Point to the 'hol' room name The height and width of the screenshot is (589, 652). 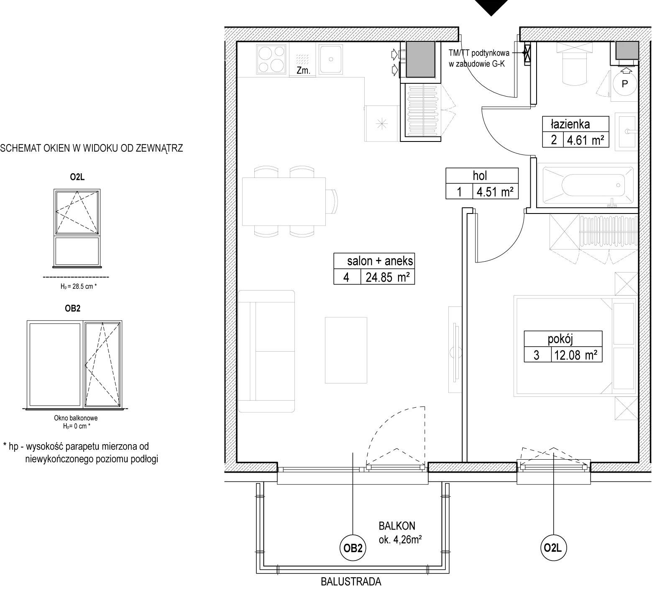pos(480,176)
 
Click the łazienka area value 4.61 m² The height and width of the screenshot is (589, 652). pos(586,140)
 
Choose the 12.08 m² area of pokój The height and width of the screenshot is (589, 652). pos(575,355)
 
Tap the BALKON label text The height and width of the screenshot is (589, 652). pos(397,525)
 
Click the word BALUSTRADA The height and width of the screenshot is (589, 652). pos(351,581)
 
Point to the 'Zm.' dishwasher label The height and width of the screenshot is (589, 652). pos(303,71)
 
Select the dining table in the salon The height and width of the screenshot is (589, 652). pos(284,201)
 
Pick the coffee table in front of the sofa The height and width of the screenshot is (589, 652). pos(346,350)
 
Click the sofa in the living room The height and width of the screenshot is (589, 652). pos(267,351)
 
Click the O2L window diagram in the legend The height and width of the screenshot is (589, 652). pos(77,228)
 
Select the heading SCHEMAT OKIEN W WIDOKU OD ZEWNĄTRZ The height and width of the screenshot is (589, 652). pos(92,148)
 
